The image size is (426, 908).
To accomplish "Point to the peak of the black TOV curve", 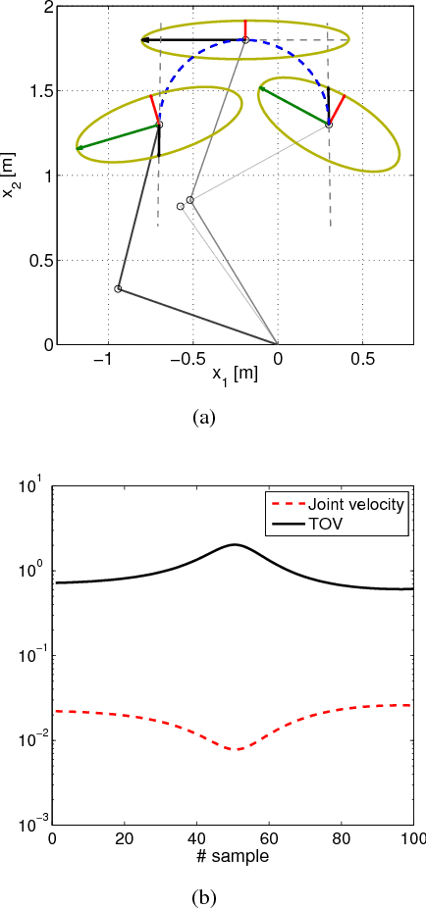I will pyautogui.click(x=234, y=544).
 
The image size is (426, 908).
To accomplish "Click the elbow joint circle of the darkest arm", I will pyautogui.click(x=118, y=288).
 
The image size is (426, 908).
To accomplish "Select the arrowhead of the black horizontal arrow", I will pyautogui.click(x=144, y=40).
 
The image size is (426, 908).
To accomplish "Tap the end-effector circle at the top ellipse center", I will pyautogui.click(x=245, y=40).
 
